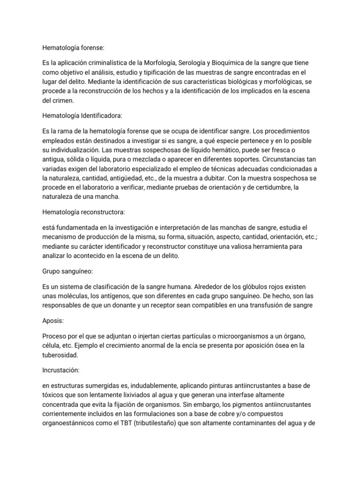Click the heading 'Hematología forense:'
71,48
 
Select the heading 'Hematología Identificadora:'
80,116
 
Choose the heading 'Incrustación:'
60,370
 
